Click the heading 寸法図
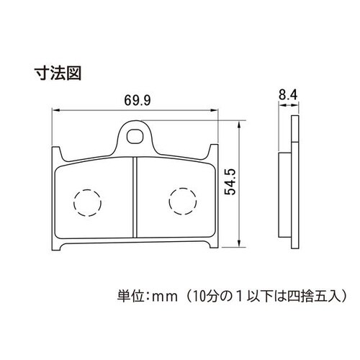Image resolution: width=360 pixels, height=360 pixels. [x=58, y=73]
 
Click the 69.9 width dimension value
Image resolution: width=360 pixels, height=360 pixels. [x=138, y=100]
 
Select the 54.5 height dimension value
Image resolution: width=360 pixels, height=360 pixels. [x=230, y=181]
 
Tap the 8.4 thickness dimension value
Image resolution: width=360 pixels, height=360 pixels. [x=288, y=95]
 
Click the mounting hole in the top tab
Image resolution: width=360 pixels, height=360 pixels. [x=135, y=137]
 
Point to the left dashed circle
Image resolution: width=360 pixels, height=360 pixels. [x=87, y=203]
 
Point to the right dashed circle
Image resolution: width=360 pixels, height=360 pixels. [x=183, y=201]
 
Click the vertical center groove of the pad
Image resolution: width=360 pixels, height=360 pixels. [x=135, y=197]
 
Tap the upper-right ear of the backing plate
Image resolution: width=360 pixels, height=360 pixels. [x=214, y=150]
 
